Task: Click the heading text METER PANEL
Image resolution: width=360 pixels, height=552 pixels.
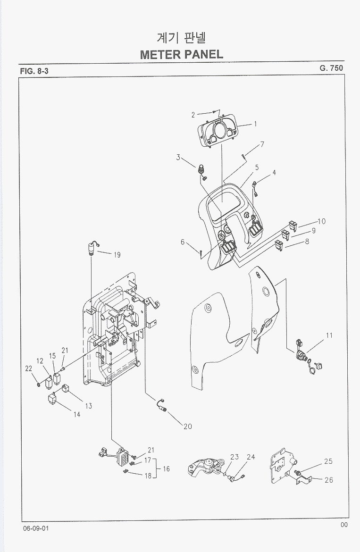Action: click(x=181, y=54)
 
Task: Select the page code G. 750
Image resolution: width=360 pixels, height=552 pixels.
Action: click(x=331, y=68)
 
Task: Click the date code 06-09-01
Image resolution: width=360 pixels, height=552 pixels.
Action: click(x=35, y=527)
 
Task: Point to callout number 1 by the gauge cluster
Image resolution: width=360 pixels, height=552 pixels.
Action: click(x=255, y=124)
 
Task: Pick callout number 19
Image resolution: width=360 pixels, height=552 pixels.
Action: click(x=117, y=255)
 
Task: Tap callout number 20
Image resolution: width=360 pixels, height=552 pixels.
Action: click(x=187, y=427)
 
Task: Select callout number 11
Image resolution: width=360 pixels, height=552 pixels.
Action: click(x=329, y=335)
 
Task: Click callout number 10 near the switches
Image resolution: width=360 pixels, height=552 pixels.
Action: click(x=321, y=221)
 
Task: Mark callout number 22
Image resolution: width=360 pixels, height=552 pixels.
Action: click(x=28, y=369)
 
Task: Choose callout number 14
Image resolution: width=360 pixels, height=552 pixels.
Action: click(x=76, y=415)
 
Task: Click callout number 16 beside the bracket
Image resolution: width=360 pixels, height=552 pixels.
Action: click(x=166, y=469)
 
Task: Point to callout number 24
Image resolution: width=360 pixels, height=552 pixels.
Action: click(x=251, y=457)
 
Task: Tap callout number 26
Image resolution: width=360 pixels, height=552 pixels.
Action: click(x=329, y=480)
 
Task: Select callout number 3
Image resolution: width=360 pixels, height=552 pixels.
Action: click(x=178, y=157)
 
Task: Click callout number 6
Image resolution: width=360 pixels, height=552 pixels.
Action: click(x=183, y=242)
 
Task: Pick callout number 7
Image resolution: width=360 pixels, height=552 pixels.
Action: click(x=262, y=144)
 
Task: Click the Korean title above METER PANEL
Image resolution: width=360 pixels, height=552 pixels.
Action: click(x=181, y=37)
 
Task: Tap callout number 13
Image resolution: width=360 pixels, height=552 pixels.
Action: click(x=88, y=406)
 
